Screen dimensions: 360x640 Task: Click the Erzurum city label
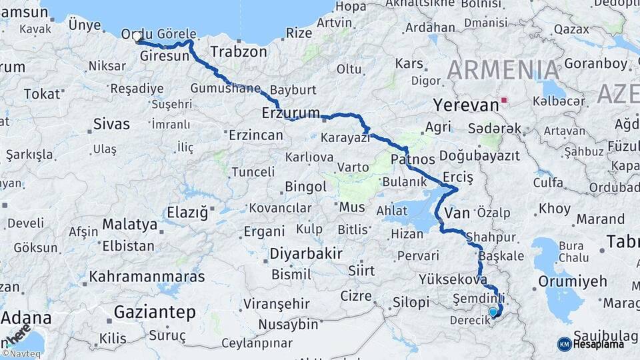(291, 113)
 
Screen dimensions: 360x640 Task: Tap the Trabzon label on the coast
(238, 51)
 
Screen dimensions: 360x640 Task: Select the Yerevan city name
(465, 105)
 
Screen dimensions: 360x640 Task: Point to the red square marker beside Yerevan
(505, 101)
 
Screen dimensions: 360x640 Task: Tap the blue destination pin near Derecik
(493, 312)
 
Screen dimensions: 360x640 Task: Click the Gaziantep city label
(155, 312)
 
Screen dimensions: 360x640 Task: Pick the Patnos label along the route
(412, 159)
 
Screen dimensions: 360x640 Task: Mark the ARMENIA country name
(503, 70)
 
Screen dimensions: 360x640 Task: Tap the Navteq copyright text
(21, 354)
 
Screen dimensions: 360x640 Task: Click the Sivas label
(111, 123)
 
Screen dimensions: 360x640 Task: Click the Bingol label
(305, 186)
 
